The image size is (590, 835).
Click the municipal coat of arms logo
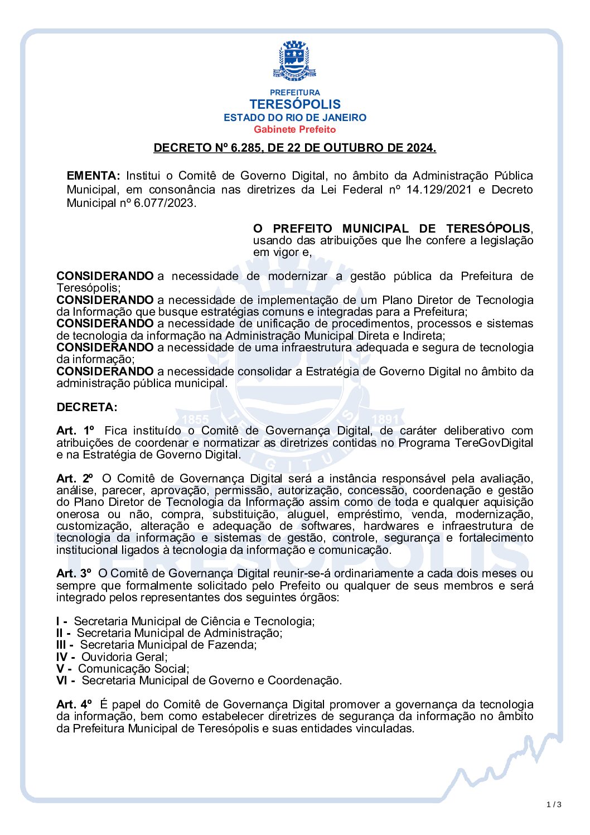click(x=294, y=60)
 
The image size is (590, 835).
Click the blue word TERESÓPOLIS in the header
click(x=294, y=104)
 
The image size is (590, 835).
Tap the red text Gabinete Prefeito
click(x=294, y=129)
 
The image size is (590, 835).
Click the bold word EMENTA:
click(x=93, y=176)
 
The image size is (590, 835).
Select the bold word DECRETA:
click(x=87, y=407)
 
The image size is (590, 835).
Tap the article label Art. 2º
click(x=74, y=479)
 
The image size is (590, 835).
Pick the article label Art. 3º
click(x=74, y=573)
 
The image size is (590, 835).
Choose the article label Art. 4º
click(x=74, y=704)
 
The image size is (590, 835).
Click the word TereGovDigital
click(x=494, y=443)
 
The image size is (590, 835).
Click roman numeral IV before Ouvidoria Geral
click(x=62, y=657)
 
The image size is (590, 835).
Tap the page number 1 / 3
click(x=554, y=804)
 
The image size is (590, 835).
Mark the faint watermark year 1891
click(x=385, y=419)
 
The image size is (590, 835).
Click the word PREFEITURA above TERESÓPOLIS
click(x=294, y=93)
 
